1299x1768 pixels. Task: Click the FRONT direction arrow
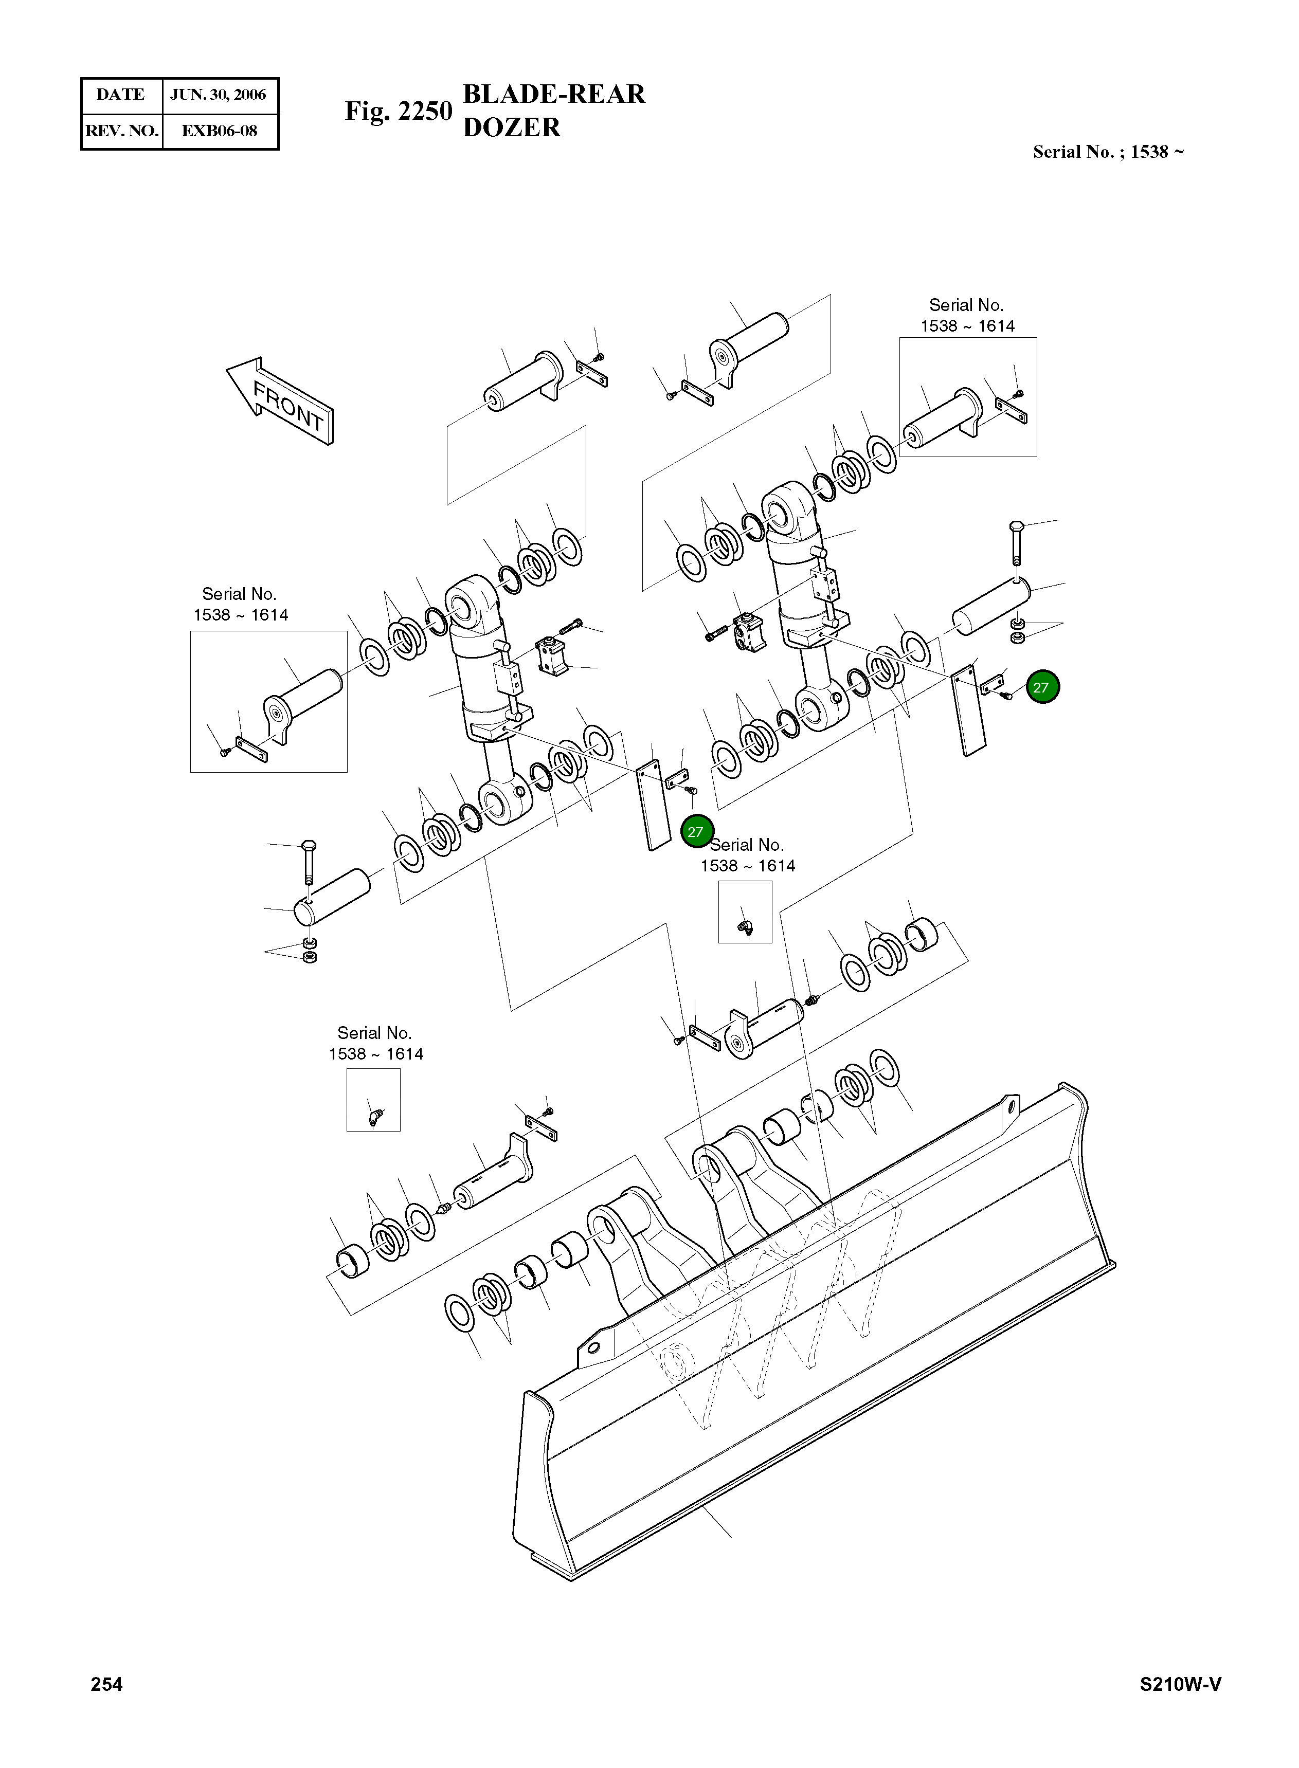(x=281, y=401)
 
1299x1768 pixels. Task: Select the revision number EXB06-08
(x=220, y=131)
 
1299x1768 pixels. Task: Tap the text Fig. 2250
(x=398, y=111)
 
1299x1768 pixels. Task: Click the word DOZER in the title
(x=511, y=127)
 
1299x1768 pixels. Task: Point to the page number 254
(x=107, y=1683)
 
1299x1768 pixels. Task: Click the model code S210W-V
(x=1180, y=1684)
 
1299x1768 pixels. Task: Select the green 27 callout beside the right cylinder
(x=1043, y=687)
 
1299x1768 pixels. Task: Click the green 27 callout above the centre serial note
(x=696, y=832)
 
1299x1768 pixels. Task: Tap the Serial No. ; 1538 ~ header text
(x=1107, y=152)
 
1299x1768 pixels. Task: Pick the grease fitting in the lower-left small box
(x=374, y=1116)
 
